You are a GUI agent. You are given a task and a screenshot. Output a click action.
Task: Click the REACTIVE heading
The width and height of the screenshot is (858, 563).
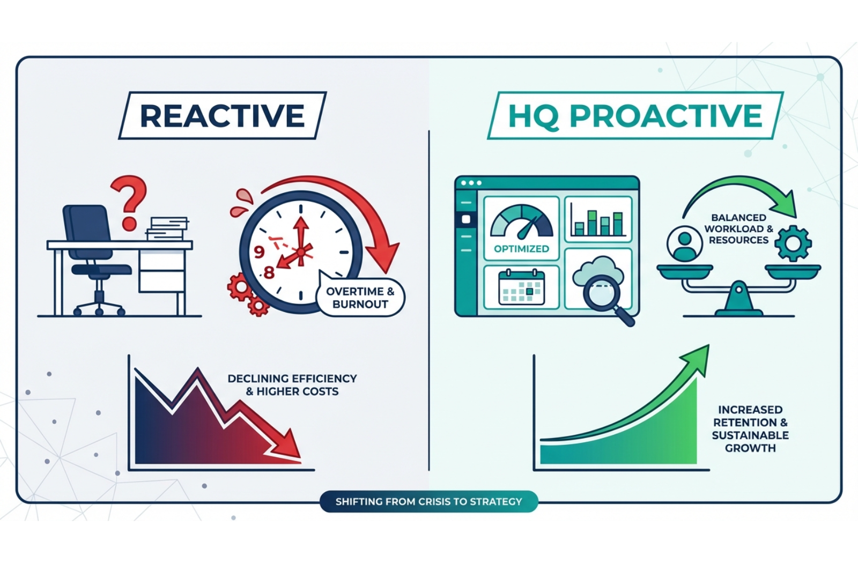[222, 116]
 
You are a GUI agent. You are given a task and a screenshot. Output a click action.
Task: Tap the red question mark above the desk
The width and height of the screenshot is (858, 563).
[129, 201]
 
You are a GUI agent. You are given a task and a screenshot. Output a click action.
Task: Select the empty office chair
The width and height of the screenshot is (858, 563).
[94, 252]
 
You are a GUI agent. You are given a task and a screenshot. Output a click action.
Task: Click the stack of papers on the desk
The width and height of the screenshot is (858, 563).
[167, 228]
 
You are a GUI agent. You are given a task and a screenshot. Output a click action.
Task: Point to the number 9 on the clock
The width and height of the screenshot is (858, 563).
[260, 251]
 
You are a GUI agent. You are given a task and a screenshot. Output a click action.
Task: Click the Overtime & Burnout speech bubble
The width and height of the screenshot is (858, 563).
[360, 298]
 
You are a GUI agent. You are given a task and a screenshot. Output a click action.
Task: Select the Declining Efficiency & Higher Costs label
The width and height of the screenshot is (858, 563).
[292, 385]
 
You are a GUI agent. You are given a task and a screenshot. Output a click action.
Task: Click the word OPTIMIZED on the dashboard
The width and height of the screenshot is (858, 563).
[521, 249]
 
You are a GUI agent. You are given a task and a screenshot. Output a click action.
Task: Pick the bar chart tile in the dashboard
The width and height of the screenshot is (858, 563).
[598, 220]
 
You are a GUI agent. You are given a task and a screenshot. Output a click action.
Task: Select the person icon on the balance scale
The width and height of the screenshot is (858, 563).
[684, 245]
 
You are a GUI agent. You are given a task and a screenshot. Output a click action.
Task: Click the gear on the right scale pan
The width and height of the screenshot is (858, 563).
[793, 244]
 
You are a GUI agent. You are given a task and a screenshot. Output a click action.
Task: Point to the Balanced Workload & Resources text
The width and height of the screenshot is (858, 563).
[738, 229]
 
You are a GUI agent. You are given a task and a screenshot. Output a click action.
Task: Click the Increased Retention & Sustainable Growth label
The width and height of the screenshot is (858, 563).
[750, 429]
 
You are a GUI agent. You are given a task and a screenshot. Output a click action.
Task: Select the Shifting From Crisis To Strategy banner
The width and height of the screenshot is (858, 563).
[428, 502]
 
